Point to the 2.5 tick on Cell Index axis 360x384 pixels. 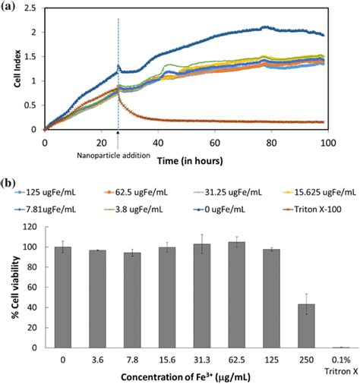click(32, 8)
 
